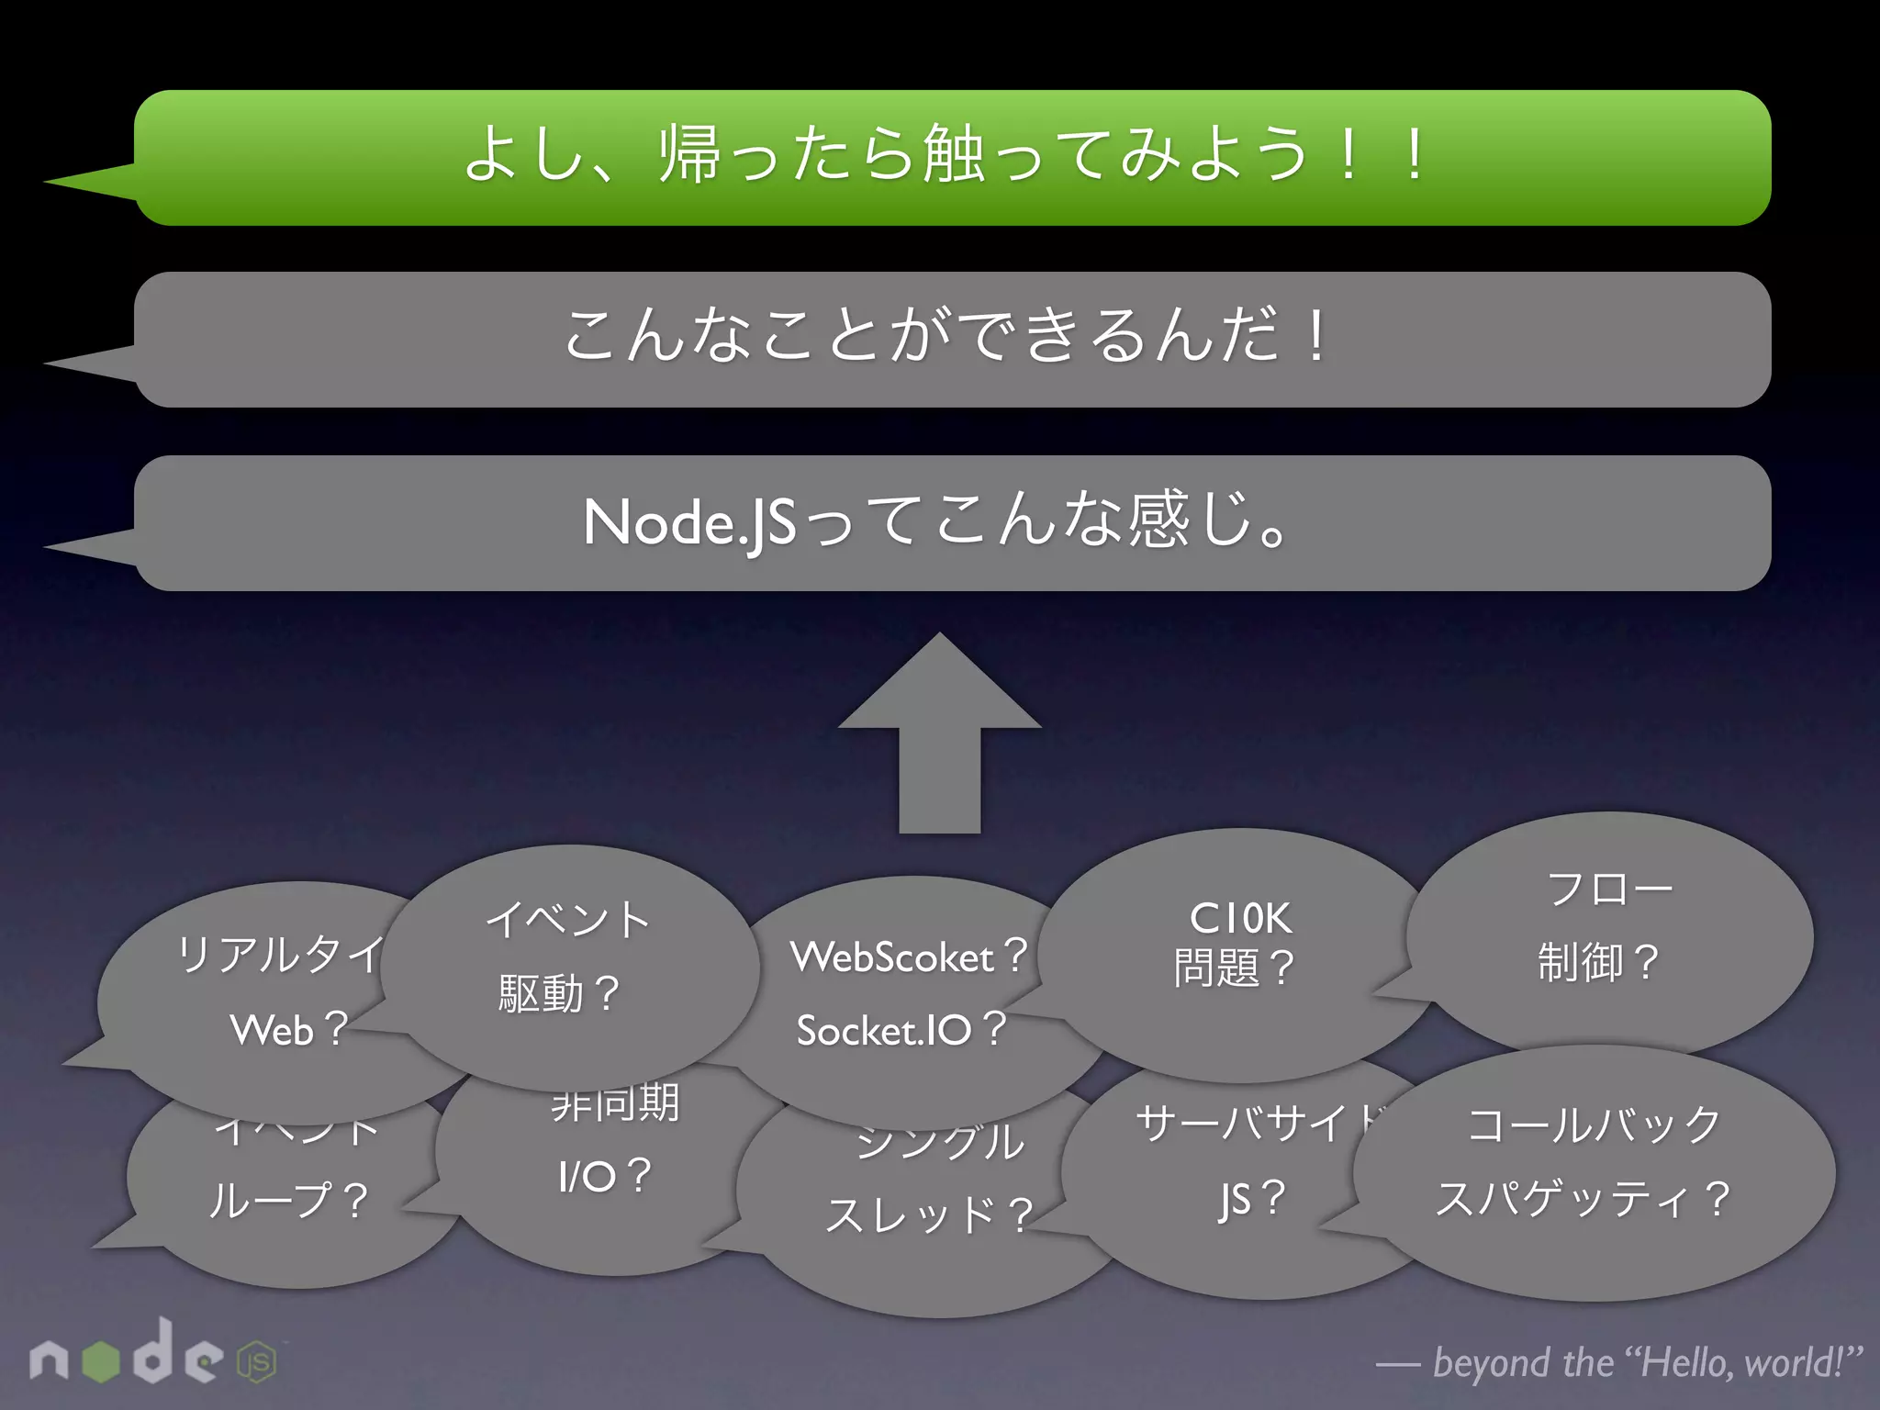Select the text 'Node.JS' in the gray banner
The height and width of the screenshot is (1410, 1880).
[x=688, y=522]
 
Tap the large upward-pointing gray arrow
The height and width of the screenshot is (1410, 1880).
[x=939, y=734]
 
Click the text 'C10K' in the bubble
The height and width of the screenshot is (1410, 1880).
[x=1240, y=918]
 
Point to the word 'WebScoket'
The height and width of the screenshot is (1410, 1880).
[x=892, y=957]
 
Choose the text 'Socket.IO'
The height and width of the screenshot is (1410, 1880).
[x=883, y=1030]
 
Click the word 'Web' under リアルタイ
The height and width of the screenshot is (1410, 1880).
[x=272, y=1030]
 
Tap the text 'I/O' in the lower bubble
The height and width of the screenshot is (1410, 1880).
[x=586, y=1176]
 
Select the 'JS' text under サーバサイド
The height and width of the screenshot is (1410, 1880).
[x=1235, y=1199]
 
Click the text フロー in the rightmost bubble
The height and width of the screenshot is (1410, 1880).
[x=1609, y=889]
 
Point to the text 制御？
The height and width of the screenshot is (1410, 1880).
[x=1597, y=962]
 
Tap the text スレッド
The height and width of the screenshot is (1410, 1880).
[x=909, y=1215]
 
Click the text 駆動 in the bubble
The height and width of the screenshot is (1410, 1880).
[x=541, y=994]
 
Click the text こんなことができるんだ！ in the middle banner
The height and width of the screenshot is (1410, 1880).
[x=946, y=336]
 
